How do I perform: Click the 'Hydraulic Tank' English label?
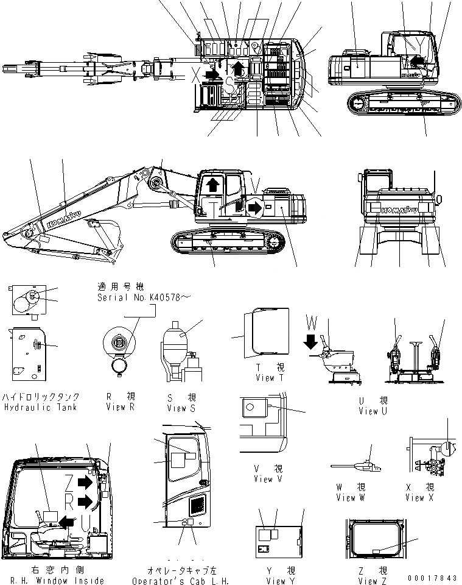pos(40,407)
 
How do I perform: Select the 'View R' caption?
pos(120,407)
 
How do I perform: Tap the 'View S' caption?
pos(181,408)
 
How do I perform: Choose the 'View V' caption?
pos(264,479)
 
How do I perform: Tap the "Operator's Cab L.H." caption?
pos(181,581)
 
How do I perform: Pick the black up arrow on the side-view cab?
pos(212,185)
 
